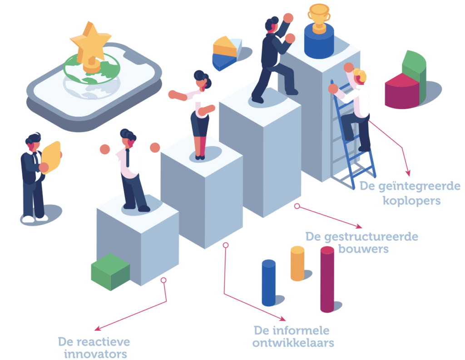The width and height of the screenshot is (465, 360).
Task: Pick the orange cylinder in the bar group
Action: click(x=297, y=263)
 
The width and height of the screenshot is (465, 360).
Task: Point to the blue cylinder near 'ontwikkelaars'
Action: click(x=268, y=282)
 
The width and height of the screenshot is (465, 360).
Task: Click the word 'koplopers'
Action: click(x=412, y=200)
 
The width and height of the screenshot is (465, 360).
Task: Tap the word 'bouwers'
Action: click(x=363, y=249)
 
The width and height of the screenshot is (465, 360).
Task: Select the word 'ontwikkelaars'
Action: click(x=293, y=343)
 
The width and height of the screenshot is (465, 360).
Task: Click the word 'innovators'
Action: click(x=95, y=354)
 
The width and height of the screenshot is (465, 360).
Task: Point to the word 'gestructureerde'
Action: click(x=362, y=236)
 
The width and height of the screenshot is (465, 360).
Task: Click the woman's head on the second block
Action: click(x=201, y=80)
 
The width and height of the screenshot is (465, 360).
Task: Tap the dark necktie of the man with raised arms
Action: click(x=128, y=157)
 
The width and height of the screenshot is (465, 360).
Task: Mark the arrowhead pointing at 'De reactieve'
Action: click(x=96, y=328)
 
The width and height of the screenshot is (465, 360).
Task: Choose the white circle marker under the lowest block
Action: click(x=163, y=280)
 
